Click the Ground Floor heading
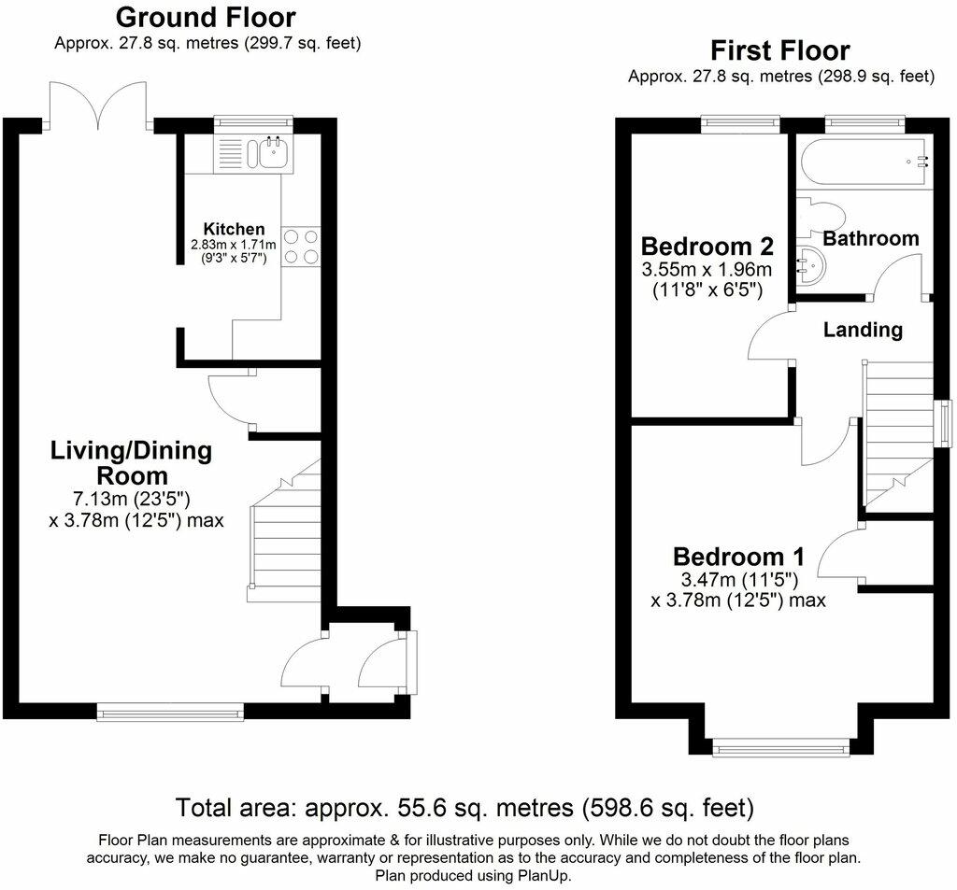click(206, 18)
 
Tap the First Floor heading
click(780, 50)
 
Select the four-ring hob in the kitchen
click(301, 247)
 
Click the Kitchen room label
click(234, 229)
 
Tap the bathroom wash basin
click(811, 266)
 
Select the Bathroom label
click(871, 238)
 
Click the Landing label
click(863, 330)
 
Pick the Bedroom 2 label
click(707, 246)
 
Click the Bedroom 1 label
click(738, 557)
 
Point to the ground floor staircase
click(284, 530)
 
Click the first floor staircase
click(897, 435)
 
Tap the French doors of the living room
click(97, 106)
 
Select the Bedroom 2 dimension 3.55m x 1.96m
click(707, 269)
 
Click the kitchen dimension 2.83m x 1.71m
click(234, 245)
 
